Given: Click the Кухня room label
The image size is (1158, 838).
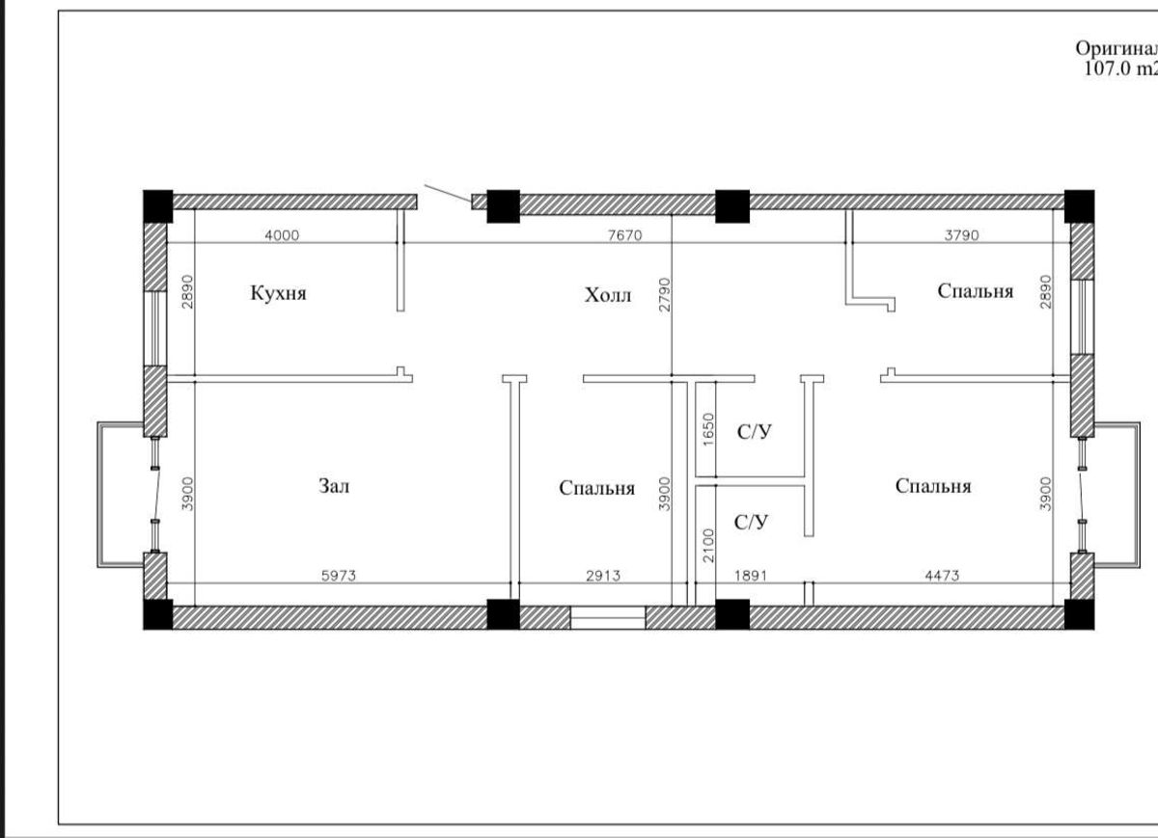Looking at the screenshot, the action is (278, 293).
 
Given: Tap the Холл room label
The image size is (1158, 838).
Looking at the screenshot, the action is (607, 295).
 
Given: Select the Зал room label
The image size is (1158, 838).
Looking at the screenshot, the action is (334, 486).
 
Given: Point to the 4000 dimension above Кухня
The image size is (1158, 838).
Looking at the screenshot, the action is (282, 235).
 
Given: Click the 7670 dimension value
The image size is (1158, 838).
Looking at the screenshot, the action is (625, 235).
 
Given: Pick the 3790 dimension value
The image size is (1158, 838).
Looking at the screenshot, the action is (961, 235).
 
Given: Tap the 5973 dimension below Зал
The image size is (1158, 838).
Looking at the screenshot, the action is (339, 576).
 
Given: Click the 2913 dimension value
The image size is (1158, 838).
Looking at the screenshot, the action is (603, 576).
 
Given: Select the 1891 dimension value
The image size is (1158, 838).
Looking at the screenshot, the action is (751, 576).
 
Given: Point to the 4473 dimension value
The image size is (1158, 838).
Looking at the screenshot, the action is (942, 576).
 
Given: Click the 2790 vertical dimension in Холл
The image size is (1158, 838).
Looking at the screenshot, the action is (664, 294).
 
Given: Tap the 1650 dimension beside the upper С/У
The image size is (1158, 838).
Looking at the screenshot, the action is (708, 429).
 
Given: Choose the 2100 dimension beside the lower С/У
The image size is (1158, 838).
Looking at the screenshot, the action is (708, 545).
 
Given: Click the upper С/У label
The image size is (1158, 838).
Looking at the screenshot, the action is (755, 431).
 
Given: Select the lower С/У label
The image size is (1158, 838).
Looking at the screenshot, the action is (751, 523).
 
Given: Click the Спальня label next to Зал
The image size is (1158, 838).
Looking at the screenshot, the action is (597, 488).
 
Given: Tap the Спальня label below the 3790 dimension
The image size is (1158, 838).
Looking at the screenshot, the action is (976, 291).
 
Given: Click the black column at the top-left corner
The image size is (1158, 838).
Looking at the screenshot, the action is (157, 206).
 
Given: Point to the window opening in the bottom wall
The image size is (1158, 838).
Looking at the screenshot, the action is (608, 618).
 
